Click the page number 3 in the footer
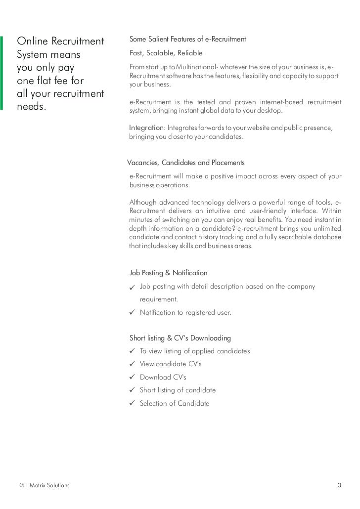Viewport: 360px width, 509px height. pos(339,485)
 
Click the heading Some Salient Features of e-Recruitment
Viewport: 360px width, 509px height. pos(187,39)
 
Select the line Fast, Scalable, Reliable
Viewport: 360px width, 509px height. pos(166,53)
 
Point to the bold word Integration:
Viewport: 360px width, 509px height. pos(147,128)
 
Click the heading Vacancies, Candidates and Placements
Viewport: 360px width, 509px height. pos(185,163)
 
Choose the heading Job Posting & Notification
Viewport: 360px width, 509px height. pos(168,273)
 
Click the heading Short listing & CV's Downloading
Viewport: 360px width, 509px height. pos(180,338)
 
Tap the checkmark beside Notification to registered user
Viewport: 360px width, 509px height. pos(132,312)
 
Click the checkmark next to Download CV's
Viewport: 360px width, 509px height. pos(132,377)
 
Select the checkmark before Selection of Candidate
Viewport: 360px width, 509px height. pos(132,403)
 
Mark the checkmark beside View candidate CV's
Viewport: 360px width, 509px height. pos(132,364)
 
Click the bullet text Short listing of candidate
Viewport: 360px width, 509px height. pos(178,390)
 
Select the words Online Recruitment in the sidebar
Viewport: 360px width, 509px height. pos(60,41)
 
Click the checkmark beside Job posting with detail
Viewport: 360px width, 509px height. pos(132,287)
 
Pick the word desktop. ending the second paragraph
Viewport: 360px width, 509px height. pos(268,111)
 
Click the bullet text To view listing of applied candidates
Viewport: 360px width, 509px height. pos(195,351)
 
